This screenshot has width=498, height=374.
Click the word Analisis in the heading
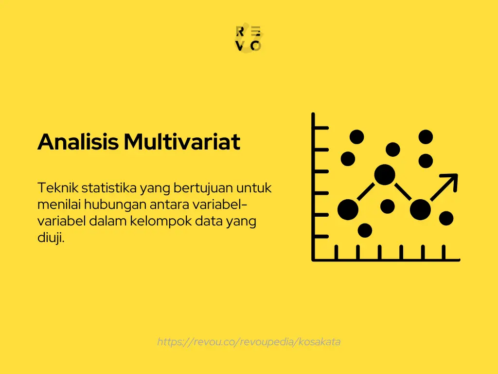click(x=78, y=142)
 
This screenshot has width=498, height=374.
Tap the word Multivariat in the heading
click(x=181, y=142)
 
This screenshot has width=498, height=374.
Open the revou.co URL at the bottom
click(x=249, y=342)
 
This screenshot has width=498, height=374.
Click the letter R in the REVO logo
click(x=240, y=32)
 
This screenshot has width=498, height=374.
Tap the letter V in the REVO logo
click(x=240, y=46)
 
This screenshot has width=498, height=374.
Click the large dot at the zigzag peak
click(x=385, y=174)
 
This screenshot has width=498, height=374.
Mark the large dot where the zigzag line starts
click(x=348, y=210)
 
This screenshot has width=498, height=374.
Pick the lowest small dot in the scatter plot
click(x=365, y=230)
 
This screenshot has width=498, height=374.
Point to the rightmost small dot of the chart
click(x=446, y=219)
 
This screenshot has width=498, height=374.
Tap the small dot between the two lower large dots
click(x=388, y=206)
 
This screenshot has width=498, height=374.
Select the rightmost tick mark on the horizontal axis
click(x=444, y=252)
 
